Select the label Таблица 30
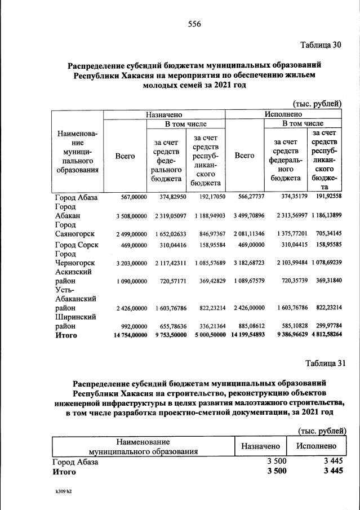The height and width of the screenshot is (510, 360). click(x=321, y=45)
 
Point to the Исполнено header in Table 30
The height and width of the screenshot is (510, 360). click(x=284, y=114)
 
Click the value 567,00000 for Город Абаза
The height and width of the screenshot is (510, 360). click(x=131, y=197)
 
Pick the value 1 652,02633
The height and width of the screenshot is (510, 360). click(x=167, y=233)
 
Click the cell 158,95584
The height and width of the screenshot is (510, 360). click(x=208, y=246)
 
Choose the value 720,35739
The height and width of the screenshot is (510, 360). click(x=288, y=281)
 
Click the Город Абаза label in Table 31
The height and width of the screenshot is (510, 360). click(x=75, y=462)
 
